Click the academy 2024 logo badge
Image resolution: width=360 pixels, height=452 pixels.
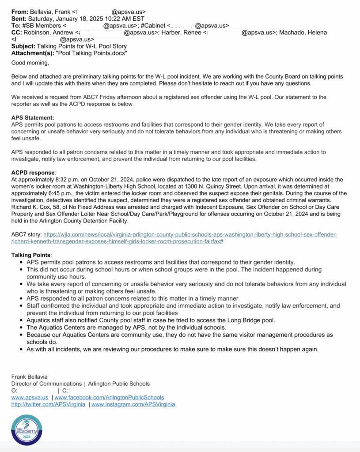(x=27, y=429)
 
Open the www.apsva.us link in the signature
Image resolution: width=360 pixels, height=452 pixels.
(x=30, y=397)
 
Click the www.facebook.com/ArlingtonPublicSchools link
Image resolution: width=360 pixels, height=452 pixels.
(x=109, y=397)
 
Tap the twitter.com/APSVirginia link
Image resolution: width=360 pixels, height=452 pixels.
(x=48, y=404)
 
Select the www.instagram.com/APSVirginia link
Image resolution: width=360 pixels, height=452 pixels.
(x=133, y=404)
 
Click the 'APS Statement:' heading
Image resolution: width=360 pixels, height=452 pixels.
(x=33, y=118)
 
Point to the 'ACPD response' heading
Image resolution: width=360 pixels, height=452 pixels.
(x=33, y=173)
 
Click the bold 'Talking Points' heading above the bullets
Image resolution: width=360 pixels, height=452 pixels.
(x=31, y=255)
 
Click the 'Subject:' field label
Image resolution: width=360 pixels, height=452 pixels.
(x=23, y=46)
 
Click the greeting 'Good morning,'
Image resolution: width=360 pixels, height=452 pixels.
(x=30, y=63)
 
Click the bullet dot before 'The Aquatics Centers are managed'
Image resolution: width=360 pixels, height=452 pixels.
(x=22, y=328)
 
